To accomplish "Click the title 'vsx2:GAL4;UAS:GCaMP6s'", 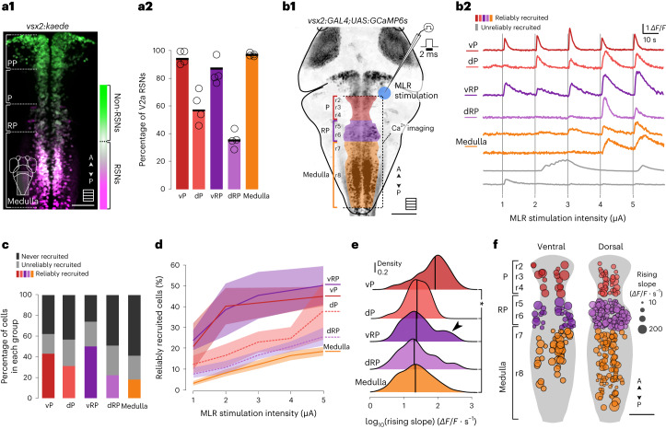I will [363, 9].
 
